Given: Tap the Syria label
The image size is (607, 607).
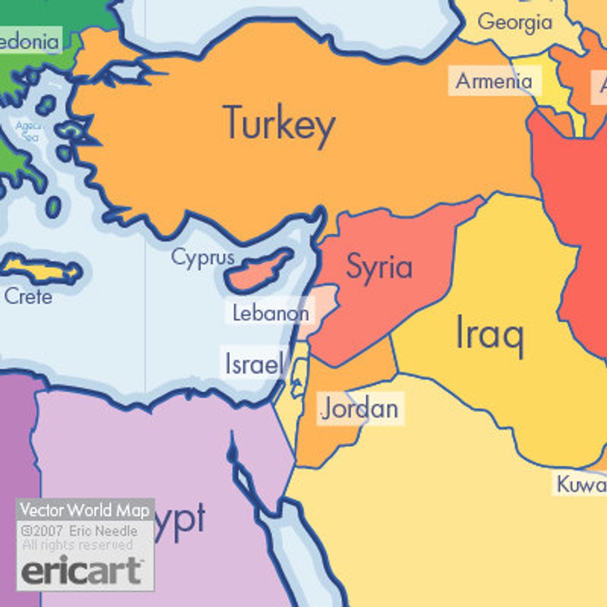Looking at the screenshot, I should coord(379,266).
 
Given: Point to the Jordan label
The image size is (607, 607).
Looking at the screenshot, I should coord(360,409).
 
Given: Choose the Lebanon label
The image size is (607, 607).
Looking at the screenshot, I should coord(271,313).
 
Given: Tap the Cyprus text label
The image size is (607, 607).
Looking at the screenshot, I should coord(202,258).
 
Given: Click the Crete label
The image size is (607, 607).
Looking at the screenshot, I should coord(28,296).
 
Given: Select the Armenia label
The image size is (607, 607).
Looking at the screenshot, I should coord(494,81).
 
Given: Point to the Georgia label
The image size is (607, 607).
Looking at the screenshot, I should coord(515,22).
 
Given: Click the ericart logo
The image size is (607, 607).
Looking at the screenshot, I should coord(81,570).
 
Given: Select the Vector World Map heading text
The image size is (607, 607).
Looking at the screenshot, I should coord(85,510).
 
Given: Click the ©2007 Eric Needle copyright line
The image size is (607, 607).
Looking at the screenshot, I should coord(79,531).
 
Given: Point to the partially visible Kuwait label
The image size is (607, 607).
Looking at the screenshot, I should coord(581,484).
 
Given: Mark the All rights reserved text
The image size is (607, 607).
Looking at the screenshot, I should coord(78,545).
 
